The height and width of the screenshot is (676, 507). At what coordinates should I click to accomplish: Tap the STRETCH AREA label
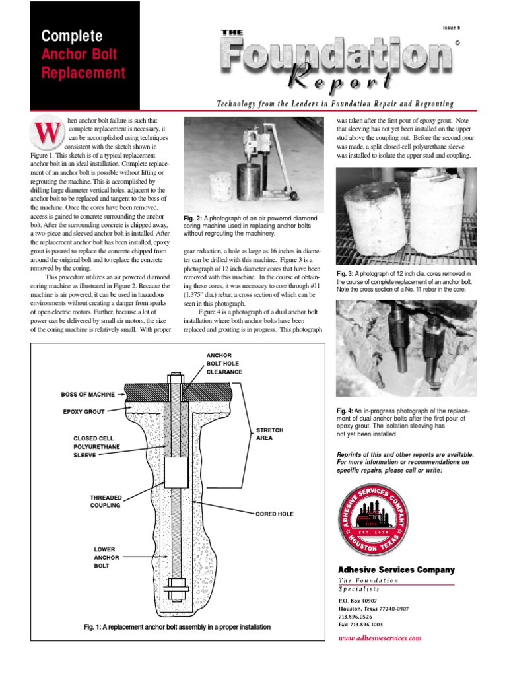click(269, 434)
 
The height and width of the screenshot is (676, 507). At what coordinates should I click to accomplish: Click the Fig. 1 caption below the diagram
click(176, 626)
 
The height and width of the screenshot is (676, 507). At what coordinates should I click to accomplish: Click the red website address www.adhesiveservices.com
click(379, 638)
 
